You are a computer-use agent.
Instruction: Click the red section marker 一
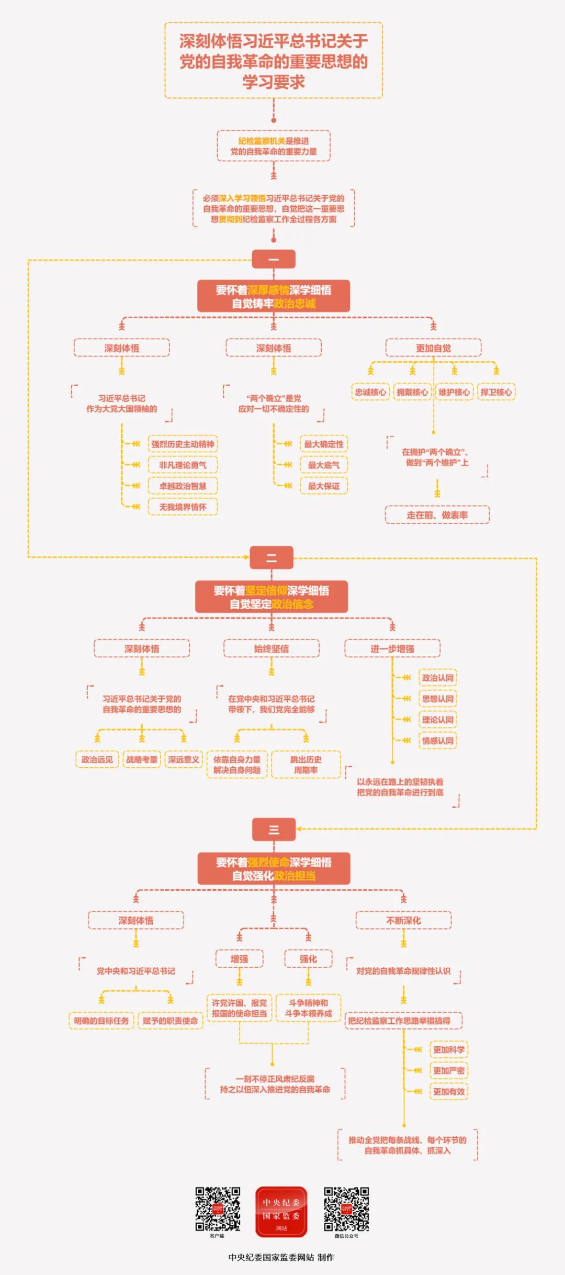(274, 259)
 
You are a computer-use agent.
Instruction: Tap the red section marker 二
(272, 557)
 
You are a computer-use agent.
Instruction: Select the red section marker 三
(274, 829)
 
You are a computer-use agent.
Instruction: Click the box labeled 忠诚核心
(370, 392)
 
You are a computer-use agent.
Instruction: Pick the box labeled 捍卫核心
(496, 392)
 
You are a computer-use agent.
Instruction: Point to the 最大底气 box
(323, 465)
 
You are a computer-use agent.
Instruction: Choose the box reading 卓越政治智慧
(183, 486)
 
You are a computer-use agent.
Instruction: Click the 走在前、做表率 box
(437, 515)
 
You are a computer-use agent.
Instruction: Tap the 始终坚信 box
(272, 648)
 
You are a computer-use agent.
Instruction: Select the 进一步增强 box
(392, 648)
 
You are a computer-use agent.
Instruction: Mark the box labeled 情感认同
(438, 741)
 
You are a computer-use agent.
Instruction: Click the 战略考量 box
(142, 759)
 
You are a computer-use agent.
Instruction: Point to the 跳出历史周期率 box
(306, 765)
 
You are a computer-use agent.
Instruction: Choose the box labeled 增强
(240, 959)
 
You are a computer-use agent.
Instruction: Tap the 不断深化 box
(403, 921)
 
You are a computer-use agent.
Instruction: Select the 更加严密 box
(449, 1070)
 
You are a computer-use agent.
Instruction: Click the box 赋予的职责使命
(170, 1021)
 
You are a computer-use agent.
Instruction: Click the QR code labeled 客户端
(218, 1209)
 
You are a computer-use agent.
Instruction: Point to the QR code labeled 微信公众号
(346, 1209)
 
